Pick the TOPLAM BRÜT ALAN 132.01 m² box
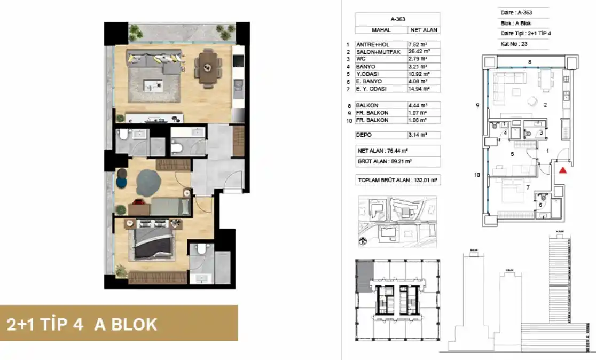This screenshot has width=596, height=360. [x=398, y=181]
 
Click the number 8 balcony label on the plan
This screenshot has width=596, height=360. [x=529, y=62]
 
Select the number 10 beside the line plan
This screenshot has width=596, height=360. [x=477, y=174]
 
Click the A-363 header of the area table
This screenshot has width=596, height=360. [x=398, y=19]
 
